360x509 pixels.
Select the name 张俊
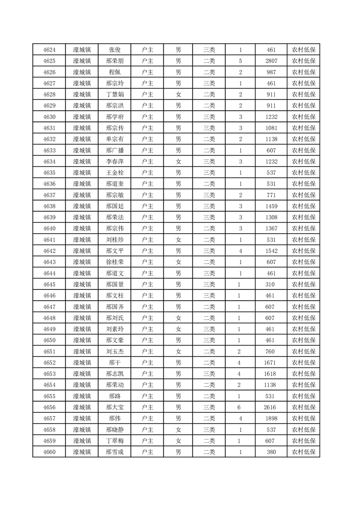114,50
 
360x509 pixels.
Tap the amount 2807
271,61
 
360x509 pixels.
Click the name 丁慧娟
114,94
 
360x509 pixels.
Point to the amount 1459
271,206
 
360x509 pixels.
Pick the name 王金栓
114,172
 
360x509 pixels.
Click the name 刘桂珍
114,240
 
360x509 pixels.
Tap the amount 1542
271,250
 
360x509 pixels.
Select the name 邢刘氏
114,318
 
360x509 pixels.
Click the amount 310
271,284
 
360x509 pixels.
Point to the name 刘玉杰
114,351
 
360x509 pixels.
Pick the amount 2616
271,407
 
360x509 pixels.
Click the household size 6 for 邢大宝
240,407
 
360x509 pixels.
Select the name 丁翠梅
114,440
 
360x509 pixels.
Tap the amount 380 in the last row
271,452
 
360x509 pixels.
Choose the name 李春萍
114,161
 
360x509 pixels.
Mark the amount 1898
271,418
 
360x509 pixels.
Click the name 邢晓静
114,429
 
